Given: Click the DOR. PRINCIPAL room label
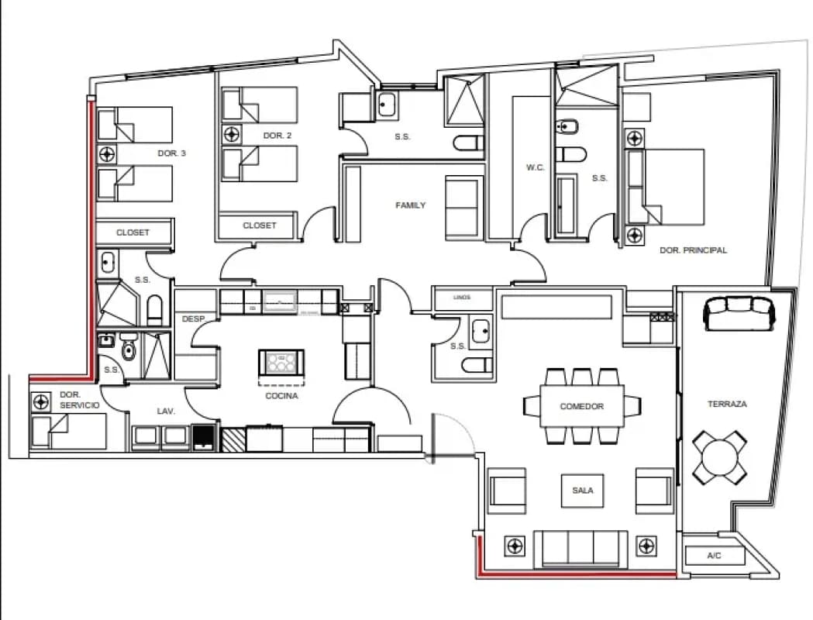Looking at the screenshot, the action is point(693,250).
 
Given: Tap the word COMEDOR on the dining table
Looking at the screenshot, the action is point(582,406).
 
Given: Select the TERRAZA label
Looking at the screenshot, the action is point(727,404).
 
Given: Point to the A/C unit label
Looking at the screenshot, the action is point(714,556).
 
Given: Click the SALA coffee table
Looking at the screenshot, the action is point(582,491).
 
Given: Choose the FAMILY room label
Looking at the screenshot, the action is point(410,205).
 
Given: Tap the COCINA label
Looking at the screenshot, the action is point(281,396).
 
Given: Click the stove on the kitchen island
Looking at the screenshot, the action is point(281,362).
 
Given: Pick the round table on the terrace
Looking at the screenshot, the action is point(720,456).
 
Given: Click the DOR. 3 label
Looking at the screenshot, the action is point(171,153).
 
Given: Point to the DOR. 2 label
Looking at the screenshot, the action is point(277,136).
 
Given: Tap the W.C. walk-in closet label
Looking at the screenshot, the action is point(535,167).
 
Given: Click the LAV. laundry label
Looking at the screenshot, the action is point(166,411).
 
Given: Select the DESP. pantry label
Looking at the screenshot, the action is point(194,319).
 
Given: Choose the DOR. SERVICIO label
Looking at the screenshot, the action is point(79,400).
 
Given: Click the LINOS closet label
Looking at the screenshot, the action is point(462,298).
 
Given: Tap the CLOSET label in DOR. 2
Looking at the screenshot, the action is point(260,226).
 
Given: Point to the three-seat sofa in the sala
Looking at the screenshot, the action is point(580,549).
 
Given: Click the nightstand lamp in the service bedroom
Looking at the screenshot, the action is point(41,401).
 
